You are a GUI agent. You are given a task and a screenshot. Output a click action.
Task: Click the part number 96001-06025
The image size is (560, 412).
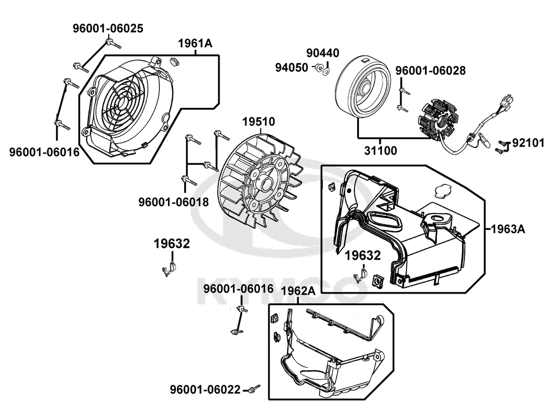pyautogui.click(x=108, y=29)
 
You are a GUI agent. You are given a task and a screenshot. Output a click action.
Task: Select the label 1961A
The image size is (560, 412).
pyautogui.click(x=195, y=44)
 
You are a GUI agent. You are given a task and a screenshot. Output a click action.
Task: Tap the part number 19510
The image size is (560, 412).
pyautogui.click(x=259, y=121)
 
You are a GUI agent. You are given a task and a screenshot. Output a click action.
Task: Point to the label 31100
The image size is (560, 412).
pyautogui.click(x=380, y=150)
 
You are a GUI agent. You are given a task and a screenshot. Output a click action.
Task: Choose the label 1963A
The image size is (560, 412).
pyautogui.click(x=508, y=229)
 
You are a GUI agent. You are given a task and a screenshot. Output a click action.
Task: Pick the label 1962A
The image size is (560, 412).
pyautogui.click(x=298, y=291)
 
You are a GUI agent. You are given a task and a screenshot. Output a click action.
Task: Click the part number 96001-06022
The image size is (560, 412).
pyautogui.click(x=205, y=390)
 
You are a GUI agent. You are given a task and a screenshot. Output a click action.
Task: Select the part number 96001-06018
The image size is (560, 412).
pyautogui.click(x=174, y=202)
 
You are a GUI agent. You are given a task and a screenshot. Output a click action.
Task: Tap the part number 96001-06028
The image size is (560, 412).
pyautogui.click(x=430, y=70)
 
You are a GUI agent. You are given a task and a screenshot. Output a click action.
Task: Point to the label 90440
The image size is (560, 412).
pyautogui.click(x=323, y=53)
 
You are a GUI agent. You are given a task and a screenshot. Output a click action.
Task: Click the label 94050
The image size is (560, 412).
pyautogui.click(x=291, y=67)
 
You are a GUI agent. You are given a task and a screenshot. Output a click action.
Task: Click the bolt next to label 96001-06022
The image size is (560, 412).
pyautogui.click(x=254, y=389)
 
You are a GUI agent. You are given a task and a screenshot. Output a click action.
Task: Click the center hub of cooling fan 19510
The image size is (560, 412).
pyautogui.click(x=266, y=183)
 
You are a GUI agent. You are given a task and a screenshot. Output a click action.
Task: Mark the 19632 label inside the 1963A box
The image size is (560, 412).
pyautogui.click(x=362, y=255)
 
